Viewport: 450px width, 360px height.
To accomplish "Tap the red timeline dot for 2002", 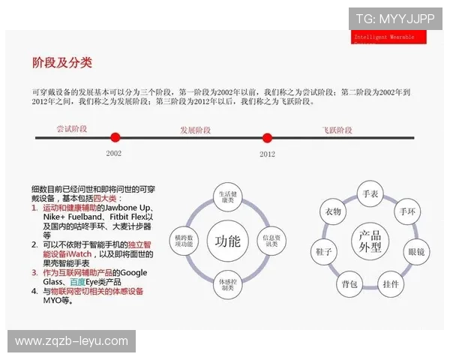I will click(x=115, y=137).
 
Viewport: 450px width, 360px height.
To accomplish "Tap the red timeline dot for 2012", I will click(x=267, y=137).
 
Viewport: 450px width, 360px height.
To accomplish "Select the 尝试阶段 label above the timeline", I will click(x=72, y=128).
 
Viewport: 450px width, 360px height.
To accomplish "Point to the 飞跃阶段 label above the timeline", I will click(x=337, y=130).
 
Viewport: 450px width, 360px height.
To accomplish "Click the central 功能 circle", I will click(x=227, y=241).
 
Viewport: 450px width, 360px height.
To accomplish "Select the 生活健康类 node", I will click(x=227, y=197).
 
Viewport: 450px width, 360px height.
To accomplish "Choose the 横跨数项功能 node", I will click(x=184, y=241).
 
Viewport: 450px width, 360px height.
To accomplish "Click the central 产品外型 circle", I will click(x=370, y=241).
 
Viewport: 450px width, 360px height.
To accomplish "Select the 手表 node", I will click(x=370, y=193).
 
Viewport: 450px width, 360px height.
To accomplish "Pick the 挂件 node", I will click(x=391, y=284).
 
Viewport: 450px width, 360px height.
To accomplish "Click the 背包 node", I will click(x=349, y=284).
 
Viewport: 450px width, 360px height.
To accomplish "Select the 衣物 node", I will click(x=333, y=212).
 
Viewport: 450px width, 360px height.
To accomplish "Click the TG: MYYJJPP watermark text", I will click(x=394, y=18).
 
